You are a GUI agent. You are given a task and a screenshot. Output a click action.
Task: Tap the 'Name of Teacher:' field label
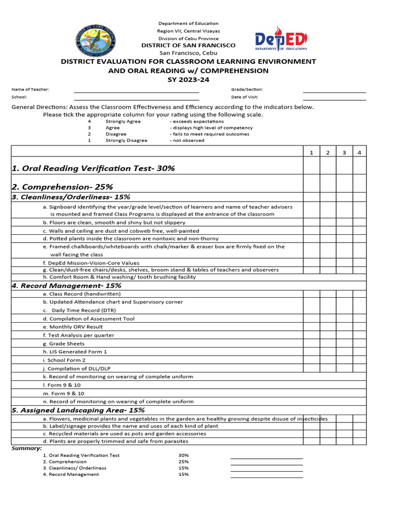click(x=31, y=89)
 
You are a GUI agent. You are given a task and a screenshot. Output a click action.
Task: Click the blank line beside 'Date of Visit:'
click(x=334, y=97)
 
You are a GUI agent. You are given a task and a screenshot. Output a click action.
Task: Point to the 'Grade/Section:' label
click(x=247, y=89)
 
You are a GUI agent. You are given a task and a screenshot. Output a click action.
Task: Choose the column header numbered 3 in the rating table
click(x=344, y=152)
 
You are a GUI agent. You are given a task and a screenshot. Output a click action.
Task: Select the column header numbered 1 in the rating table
click(x=311, y=152)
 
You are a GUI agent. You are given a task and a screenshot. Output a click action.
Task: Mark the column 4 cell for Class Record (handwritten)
click(x=360, y=294)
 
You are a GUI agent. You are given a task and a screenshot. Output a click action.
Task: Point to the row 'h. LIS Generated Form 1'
click(x=75, y=352)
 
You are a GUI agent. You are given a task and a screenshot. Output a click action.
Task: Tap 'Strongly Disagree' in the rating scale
click(x=126, y=140)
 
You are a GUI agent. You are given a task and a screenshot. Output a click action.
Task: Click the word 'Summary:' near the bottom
click(x=26, y=448)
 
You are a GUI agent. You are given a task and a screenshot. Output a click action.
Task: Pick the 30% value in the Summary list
click(x=183, y=455)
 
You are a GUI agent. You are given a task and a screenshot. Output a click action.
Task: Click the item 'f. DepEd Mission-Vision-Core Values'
click(x=91, y=263)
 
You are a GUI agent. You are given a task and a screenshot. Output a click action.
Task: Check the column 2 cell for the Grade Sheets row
click(x=328, y=343)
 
